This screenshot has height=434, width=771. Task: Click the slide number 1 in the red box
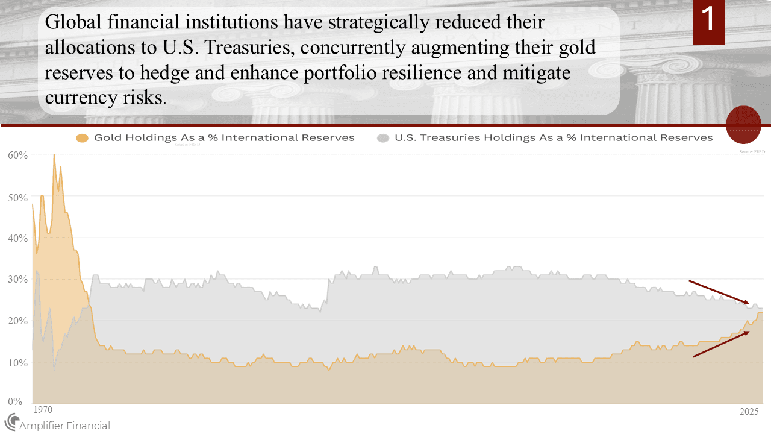coord(708,19)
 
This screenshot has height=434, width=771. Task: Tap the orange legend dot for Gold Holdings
coord(83,138)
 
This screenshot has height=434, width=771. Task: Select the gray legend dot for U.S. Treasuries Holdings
coord(383,138)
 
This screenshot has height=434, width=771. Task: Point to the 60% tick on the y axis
coord(18,155)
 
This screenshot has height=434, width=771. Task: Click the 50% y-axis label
coord(18,197)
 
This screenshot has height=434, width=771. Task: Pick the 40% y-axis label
coord(18,238)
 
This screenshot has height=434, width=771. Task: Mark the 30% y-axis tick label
coord(18,280)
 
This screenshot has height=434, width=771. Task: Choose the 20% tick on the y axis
coord(18,321)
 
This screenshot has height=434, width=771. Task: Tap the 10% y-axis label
coord(18,363)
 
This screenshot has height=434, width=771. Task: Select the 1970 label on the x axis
coord(42,410)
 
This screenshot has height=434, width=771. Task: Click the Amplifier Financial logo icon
coord(11,422)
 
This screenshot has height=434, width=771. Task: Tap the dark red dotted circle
coord(744,124)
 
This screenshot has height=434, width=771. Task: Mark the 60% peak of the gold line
coord(54,155)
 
